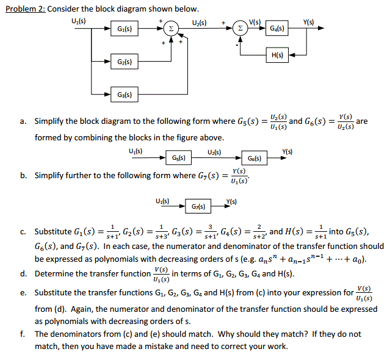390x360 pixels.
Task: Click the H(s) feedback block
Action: (276, 56)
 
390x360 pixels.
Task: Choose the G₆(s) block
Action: (255, 159)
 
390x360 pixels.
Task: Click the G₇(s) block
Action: (199, 207)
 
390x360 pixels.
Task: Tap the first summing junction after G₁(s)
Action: (173, 29)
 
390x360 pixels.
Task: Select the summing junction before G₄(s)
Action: (241, 29)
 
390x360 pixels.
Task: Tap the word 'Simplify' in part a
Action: (51, 121)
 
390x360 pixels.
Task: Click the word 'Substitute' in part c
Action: (55, 232)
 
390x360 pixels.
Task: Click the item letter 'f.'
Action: (22, 334)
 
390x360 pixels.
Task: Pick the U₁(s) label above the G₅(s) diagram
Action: (135, 150)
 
